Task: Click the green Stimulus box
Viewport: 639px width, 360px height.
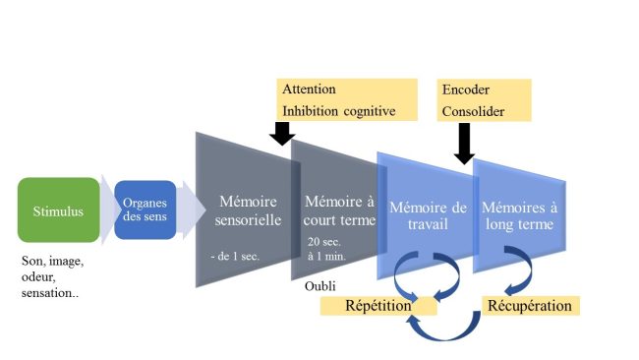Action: click(58, 210)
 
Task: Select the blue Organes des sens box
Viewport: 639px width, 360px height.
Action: click(145, 210)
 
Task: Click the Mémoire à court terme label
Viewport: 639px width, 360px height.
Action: click(339, 210)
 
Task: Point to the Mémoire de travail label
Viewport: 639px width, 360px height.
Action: click(426, 215)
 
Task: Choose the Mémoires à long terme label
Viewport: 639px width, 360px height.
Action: click(517, 215)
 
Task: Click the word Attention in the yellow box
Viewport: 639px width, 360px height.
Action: click(311, 90)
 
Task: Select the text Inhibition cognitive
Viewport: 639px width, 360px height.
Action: click(338, 110)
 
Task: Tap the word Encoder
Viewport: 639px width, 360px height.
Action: click(464, 90)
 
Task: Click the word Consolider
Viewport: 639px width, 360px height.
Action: click(475, 111)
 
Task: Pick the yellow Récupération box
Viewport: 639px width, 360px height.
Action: click(529, 306)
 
